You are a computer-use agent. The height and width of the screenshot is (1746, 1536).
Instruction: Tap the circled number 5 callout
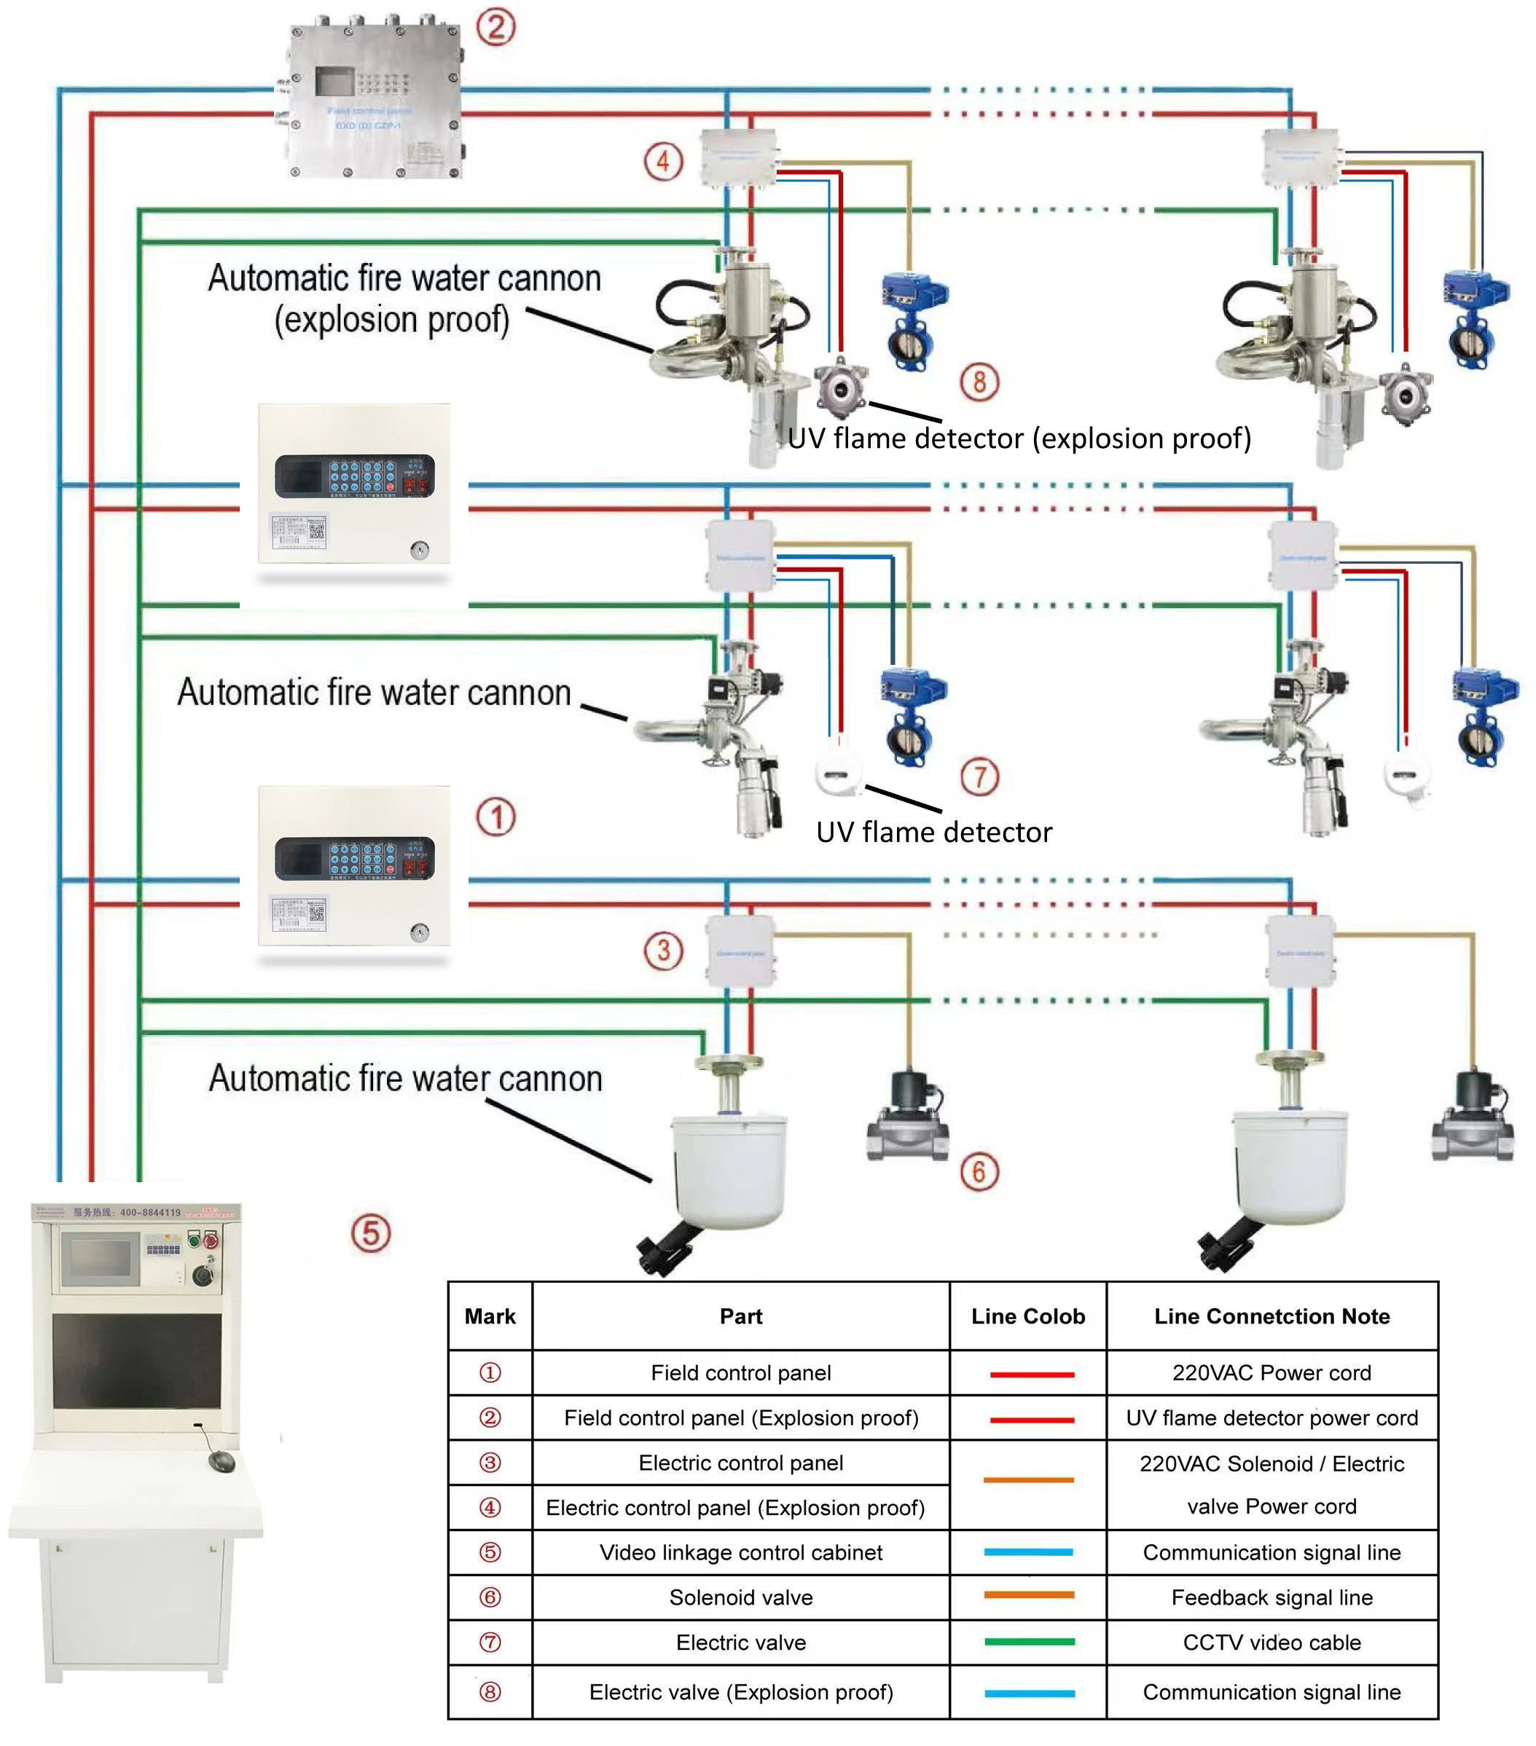(x=371, y=1232)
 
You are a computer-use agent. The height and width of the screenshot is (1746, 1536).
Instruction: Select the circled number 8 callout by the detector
(x=979, y=382)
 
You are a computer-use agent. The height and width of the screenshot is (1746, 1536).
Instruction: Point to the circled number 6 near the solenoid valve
(x=979, y=1171)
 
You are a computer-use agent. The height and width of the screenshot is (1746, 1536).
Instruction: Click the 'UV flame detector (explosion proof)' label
(x=1019, y=439)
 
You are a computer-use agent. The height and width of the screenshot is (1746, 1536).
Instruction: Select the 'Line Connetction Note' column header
(x=1271, y=1316)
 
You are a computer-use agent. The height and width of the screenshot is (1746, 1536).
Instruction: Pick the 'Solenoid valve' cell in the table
(x=740, y=1597)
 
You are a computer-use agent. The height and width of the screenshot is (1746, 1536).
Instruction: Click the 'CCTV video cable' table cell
(x=1271, y=1643)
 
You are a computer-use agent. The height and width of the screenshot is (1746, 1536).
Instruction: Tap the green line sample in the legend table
(x=1029, y=1642)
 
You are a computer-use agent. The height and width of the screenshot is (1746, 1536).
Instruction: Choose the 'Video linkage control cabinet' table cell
(x=740, y=1552)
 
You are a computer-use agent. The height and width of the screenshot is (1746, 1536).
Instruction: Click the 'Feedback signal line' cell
(x=1271, y=1597)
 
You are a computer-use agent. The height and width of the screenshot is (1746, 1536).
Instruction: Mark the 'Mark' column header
(x=490, y=1316)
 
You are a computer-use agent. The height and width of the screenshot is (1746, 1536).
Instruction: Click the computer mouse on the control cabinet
(x=222, y=1460)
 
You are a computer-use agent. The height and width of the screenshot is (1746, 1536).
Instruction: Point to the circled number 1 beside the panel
(x=495, y=817)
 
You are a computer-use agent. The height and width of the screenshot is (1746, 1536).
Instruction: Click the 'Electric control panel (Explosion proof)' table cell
(x=734, y=1508)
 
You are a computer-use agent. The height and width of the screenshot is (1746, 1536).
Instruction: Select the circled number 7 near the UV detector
(x=979, y=777)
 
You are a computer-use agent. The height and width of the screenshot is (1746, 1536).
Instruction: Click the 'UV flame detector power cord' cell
(x=1271, y=1418)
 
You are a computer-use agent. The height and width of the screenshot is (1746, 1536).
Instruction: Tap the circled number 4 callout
(x=663, y=162)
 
